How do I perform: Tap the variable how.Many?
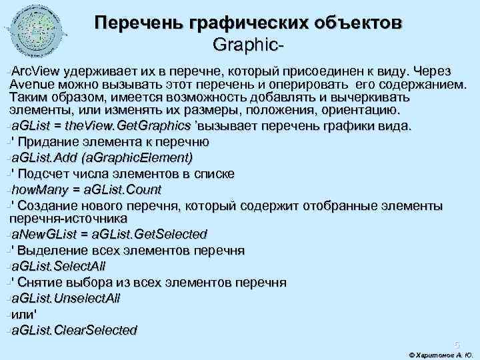(38, 189)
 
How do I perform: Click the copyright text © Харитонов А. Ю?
(439, 353)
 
